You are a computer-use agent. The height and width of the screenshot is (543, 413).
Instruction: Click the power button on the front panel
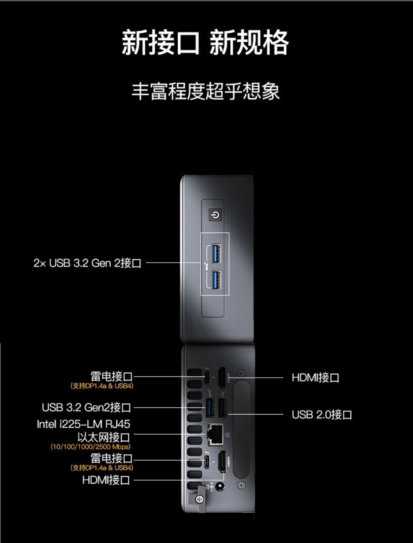point(215,215)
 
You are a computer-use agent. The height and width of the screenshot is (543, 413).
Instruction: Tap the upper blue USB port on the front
point(217,253)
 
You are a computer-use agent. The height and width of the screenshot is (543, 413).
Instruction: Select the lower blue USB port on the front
point(217,280)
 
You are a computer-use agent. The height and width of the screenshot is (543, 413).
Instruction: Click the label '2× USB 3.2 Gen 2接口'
point(87,263)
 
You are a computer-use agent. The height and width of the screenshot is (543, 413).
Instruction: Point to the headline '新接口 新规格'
point(205,42)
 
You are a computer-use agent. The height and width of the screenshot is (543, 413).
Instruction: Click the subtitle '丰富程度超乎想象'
point(205,91)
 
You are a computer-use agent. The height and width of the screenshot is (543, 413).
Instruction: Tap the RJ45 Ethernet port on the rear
point(215,435)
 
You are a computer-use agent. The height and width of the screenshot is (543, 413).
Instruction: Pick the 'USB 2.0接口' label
point(322,415)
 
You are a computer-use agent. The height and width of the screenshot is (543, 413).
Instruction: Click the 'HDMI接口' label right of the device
point(315,378)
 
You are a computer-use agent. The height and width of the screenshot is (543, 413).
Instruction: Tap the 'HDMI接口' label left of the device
point(106,480)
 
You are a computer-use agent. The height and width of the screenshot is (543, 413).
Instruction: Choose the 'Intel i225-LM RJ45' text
point(83,424)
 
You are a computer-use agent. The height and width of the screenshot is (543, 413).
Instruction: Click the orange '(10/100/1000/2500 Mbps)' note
point(91,447)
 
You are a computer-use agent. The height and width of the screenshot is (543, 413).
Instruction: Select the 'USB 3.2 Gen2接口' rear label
point(86,407)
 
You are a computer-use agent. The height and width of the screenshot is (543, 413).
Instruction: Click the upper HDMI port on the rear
point(222,378)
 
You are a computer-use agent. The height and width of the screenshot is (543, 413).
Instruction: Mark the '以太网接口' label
point(104,437)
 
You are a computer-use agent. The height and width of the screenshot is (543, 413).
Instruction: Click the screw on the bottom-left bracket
point(199,499)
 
